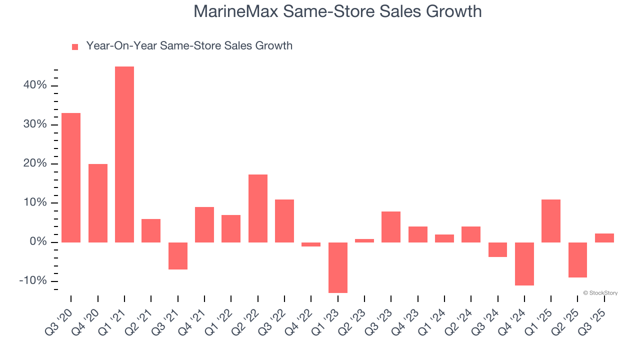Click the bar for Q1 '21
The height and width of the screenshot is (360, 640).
coord(124,154)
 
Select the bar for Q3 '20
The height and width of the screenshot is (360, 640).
coord(71,177)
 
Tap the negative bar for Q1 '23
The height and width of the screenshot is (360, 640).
coord(338,267)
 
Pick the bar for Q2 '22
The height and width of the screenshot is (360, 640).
coord(258,208)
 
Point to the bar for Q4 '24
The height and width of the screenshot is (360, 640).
coord(524,264)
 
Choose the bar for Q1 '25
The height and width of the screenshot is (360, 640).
coord(551,221)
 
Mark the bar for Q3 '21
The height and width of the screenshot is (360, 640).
coord(178,256)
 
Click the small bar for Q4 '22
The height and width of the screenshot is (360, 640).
coord(311,244)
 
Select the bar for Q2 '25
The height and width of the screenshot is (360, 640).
coord(577,260)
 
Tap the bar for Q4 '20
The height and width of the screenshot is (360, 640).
coord(98,203)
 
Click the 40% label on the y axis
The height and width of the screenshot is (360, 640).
coord(35,85)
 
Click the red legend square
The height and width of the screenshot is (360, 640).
coord(75,47)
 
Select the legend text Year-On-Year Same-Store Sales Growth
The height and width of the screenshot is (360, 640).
coord(189,46)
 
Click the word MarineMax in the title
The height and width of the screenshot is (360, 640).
coord(235,11)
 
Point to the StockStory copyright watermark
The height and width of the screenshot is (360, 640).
coord(600,293)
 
